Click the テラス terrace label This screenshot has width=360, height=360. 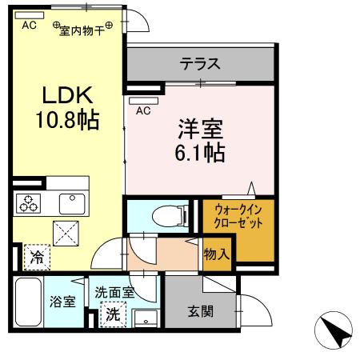pyautogui.click(x=199, y=63)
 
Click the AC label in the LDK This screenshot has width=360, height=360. pyautogui.click(x=29, y=25)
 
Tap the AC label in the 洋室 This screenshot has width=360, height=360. pyautogui.click(x=145, y=111)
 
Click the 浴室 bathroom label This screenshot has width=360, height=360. pyautogui.click(x=62, y=303)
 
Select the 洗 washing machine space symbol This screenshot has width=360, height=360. pyautogui.click(x=114, y=313)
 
